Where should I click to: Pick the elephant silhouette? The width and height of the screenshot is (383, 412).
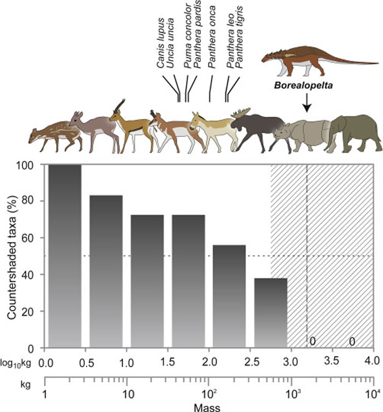(356, 132)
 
